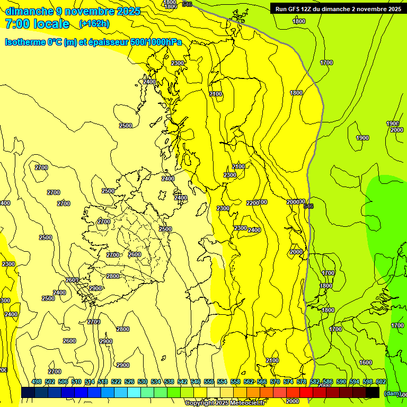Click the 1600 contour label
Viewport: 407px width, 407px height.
365,362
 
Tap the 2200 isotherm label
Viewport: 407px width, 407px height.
253,203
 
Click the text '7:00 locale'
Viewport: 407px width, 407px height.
37,24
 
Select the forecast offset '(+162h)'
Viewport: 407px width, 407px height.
94,24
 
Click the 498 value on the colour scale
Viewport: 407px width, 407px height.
37,382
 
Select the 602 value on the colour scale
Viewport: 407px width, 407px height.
381,382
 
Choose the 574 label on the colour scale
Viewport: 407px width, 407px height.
288,382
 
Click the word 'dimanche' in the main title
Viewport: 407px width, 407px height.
29,11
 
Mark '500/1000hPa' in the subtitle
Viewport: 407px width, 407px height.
157,42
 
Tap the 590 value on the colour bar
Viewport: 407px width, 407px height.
341,382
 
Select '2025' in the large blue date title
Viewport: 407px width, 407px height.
128,11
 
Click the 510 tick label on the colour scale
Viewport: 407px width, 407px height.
76,382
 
